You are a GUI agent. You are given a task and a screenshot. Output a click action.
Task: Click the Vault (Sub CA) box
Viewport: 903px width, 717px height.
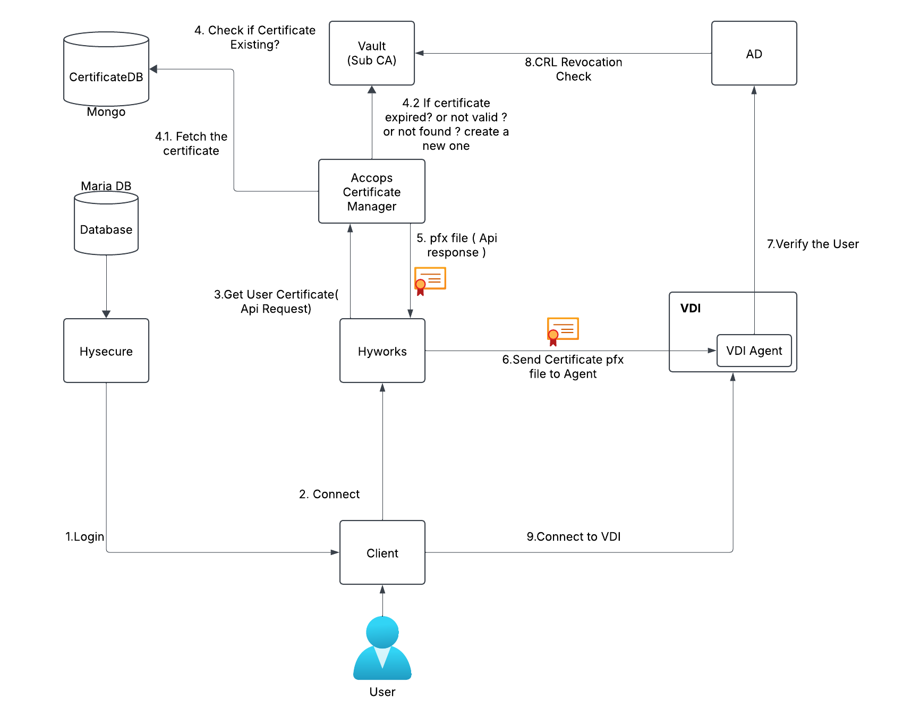(x=372, y=53)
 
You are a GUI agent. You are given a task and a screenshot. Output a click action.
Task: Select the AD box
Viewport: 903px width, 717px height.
(x=754, y=53)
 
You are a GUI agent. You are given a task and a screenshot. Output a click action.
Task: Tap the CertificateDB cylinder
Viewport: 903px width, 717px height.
(x=106, y=72)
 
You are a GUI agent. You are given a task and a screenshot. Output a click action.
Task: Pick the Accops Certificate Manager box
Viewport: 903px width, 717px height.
(x=372, y=191)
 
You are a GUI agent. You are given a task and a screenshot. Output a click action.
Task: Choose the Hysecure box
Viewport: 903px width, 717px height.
(x=106, y=351)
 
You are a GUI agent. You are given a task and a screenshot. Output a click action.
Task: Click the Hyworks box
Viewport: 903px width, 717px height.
(x=382, y=351)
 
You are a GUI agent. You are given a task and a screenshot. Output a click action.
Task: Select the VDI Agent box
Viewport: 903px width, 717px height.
(x=754, y=351)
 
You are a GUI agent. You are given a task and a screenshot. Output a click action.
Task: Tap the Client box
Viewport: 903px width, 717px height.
(x=382, y=552)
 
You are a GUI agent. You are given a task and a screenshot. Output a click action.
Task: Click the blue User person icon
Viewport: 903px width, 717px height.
(x=382, y=648)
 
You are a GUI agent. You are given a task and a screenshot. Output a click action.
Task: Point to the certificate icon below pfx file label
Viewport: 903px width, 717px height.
(x=430, y=280)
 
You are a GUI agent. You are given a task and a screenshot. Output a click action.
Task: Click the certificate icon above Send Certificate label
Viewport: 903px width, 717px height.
(x=563, y=331)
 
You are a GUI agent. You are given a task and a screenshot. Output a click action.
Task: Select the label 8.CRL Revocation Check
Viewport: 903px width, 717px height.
(x=574, y=69)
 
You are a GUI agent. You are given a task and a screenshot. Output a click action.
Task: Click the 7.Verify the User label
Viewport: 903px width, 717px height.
(x=813, y=244)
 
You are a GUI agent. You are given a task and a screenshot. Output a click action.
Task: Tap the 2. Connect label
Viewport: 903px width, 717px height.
(x=329, y=494)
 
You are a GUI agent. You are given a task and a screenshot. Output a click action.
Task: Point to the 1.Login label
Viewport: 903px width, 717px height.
(x=85, y=536)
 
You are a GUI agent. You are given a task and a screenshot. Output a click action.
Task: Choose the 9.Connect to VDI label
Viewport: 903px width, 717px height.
(x=574, y=536)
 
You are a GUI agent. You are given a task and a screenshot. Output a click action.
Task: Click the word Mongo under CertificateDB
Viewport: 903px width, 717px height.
(x=106, y=112)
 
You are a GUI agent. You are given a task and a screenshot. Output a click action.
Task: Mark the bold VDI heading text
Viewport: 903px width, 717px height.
(x=691, y=309)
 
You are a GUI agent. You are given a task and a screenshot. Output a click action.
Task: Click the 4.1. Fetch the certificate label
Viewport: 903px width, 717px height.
(x=191, y=143)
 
